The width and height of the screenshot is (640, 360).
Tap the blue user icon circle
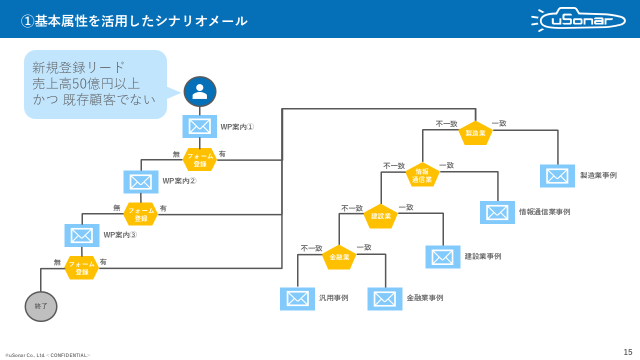[200, 91]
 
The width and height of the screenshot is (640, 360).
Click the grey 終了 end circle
[41, 306]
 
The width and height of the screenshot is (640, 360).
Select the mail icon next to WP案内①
[199, 126]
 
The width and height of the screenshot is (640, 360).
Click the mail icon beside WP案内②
[141, 182]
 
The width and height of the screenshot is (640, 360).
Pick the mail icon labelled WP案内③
[82, 235]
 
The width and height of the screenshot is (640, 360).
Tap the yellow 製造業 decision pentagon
[475, 133]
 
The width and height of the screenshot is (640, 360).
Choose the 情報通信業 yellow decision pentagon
[422, 175]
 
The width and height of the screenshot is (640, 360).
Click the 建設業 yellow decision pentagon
[380, 216]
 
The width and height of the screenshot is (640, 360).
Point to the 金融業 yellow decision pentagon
[339, 257]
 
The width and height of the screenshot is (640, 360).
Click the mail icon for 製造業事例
[557, 176]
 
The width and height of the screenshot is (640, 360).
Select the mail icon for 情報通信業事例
[497, 212]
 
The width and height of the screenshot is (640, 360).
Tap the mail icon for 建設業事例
[443, 257]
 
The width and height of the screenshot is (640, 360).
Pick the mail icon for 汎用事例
[297, 299]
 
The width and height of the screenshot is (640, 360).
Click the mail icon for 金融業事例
[385, 299]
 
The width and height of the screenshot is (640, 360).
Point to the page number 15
[628, 352]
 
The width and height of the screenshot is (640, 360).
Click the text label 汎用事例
[334, 298]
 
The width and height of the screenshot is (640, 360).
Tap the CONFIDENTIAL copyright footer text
[48, 355]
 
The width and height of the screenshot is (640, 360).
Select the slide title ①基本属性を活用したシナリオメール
[134, 20]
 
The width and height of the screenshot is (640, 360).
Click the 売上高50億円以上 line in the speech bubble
[86, 83]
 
